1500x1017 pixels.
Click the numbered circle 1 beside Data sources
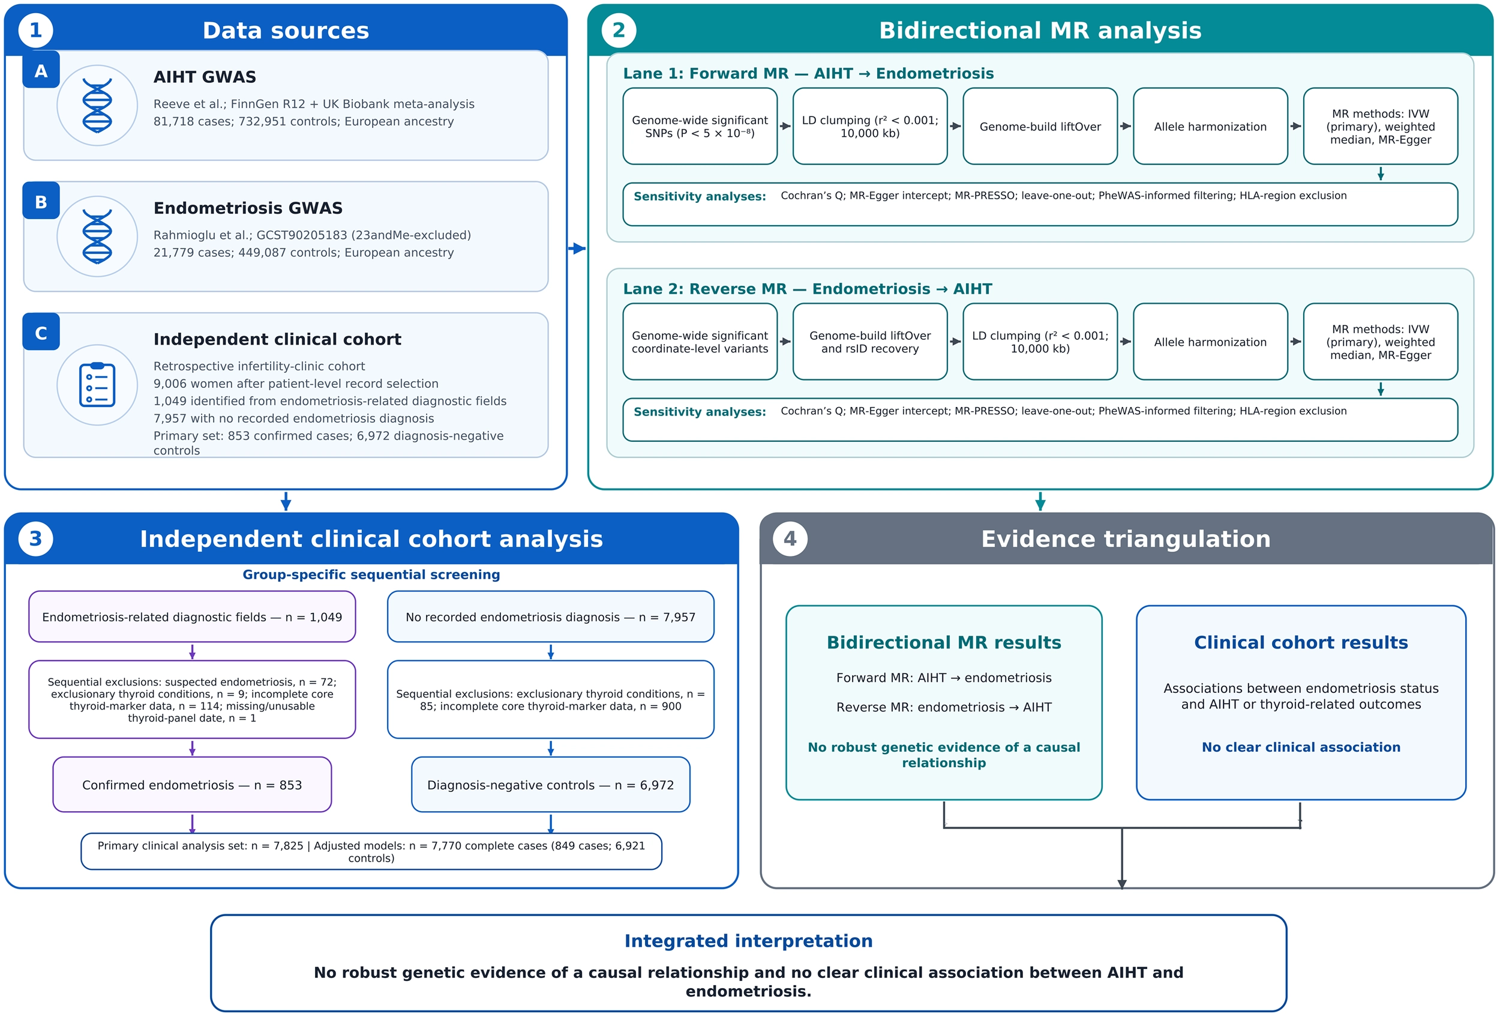click(35, 31)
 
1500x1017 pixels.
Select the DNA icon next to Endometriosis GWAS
click(97, 237)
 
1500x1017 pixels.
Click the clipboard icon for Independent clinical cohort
click(97, 385)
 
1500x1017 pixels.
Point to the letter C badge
click(41, 332)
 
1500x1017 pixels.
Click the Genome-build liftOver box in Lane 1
click(1040, 127)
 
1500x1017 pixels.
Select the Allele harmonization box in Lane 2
click(1210, 342)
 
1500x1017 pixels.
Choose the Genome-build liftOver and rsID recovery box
click(870, 342)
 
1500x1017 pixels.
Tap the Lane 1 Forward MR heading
click(808, 74)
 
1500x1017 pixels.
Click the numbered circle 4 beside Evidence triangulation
click(790, 539)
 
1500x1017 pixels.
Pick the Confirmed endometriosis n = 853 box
click(193, 785)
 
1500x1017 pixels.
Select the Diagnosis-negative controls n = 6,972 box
click(551, 785)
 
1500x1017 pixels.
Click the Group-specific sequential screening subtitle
click(371, 575)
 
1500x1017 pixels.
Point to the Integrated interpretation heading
click(749, 941)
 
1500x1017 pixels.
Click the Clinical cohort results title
click(1301, 642)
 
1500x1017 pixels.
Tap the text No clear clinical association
click(1301, 747)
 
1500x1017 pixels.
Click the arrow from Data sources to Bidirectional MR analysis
click(577, 249)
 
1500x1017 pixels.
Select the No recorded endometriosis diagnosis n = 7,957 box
click(551, 617)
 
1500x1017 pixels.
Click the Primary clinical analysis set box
click(371, 852)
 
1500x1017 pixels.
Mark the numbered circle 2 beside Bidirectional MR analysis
click(619, 31)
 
